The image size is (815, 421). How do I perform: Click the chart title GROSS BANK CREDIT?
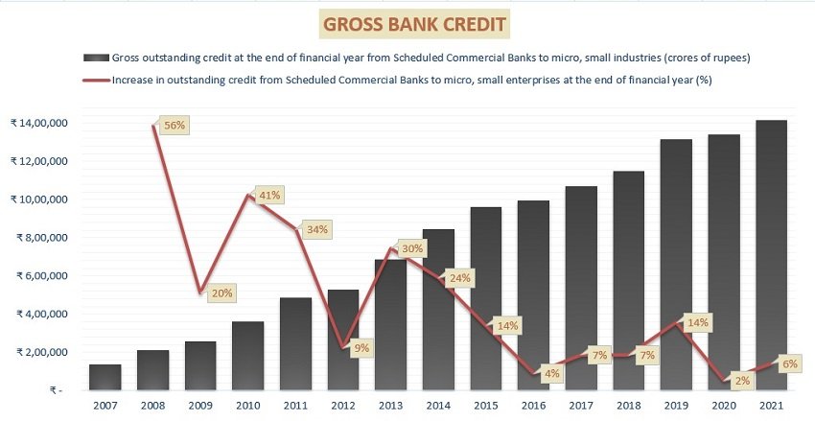click(414, 24)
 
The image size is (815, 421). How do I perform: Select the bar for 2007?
click(105, 377)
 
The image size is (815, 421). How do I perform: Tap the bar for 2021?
click(771, 255)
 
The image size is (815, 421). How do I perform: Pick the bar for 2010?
click(248, 356)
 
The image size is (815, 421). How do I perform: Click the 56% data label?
click(175, 126)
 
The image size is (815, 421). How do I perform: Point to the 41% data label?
click(269, 196)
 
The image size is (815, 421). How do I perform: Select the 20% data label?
click(221, 293)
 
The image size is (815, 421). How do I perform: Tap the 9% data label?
click(361, 348)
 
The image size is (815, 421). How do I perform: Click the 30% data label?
click(412, 249)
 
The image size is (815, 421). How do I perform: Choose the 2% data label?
click(742, 381)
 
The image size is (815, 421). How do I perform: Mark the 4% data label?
click(552, 373)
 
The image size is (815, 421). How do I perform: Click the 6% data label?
click(789, 364)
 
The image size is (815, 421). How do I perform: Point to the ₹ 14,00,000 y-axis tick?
click(39, 123)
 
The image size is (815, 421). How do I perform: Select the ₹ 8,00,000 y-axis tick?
click(42, 238)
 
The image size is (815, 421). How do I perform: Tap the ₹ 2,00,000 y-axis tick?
click(42, 352)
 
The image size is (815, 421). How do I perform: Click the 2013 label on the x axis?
click(390, 406)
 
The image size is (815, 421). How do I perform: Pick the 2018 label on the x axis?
click(628, 406)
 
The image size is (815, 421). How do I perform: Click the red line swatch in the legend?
click(97, 81)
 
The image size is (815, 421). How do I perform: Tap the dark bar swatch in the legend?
click(96, 58)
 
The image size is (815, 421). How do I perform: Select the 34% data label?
click(316, 229)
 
